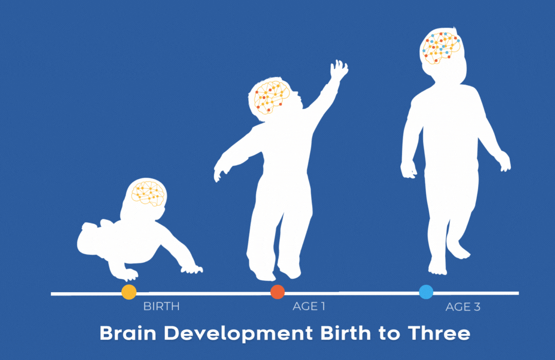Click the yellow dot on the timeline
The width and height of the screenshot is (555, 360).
tap(129, 292)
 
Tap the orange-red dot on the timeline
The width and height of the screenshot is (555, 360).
tap(277, 292)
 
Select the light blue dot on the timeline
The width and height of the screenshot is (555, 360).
tap(426, 292)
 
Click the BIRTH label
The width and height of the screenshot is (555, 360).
tap(161, 306)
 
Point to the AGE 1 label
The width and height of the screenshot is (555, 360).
tap(309, 306)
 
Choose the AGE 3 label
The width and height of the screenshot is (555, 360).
tap(463, 307)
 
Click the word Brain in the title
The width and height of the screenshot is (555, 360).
tap(128, 333)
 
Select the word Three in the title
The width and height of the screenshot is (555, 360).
tap(439, 333)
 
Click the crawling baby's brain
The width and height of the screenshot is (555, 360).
tap(148, 193)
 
